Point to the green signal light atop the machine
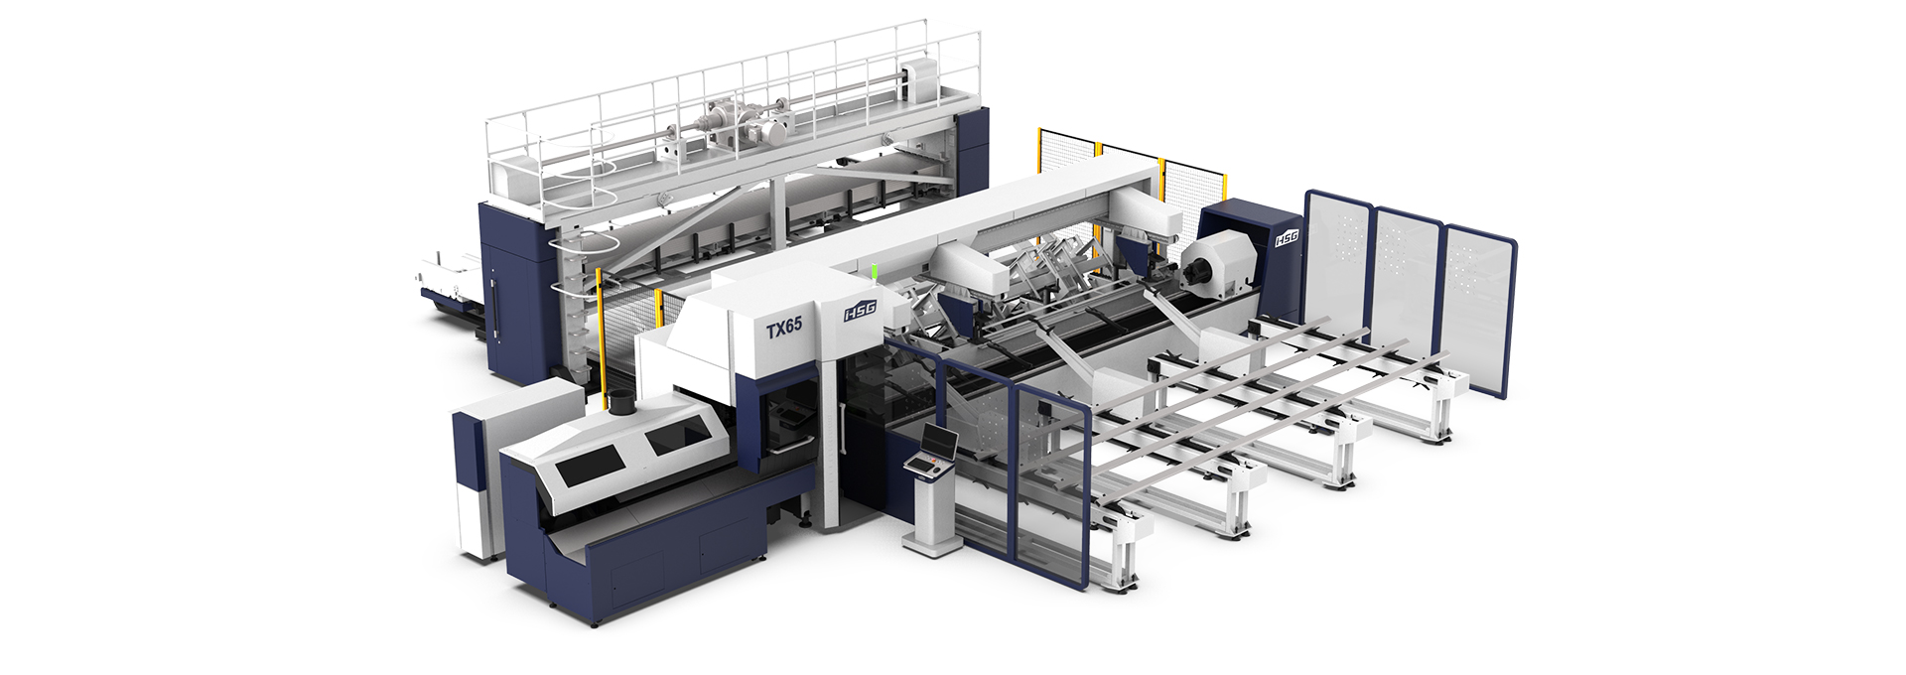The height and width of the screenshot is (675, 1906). pos(874,271)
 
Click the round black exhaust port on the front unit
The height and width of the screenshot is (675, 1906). pos(619,403)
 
